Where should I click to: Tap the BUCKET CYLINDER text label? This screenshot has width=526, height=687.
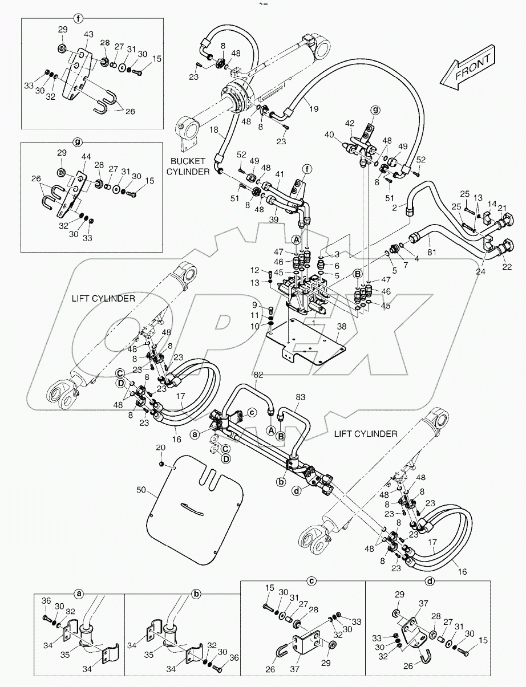(187, 165)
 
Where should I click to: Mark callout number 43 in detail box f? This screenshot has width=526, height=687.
(88, 35)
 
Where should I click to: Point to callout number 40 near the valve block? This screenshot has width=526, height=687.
(329, 135)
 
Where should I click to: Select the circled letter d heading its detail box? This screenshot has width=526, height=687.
(429, 580)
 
